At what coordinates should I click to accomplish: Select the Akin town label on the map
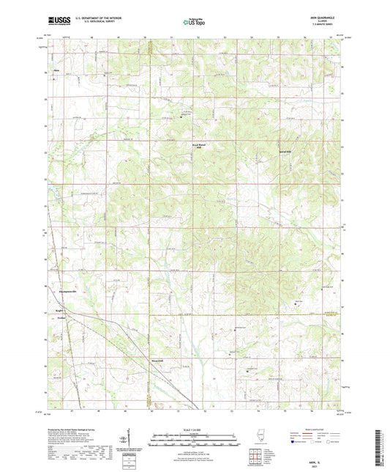(x=55, y=71)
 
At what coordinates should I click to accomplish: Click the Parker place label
(x=62, y=319)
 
